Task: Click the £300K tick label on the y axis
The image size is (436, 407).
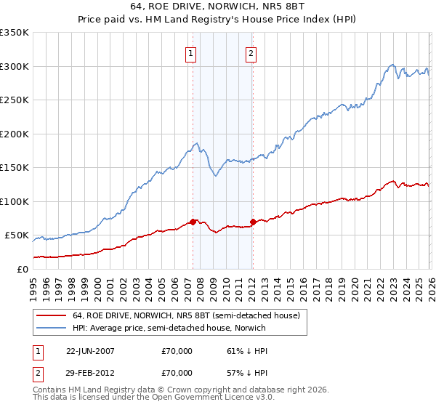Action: [14, 66]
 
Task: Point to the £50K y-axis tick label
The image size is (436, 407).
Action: [16, 235]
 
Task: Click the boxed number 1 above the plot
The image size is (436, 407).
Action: [190, 52]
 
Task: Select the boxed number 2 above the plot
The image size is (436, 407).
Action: [251, 52]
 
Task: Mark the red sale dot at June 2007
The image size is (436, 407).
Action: [193, 222]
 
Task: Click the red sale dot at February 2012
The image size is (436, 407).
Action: [253, 222]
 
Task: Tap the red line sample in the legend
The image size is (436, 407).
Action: [52, 315]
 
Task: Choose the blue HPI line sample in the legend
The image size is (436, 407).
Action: [52, 328]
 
